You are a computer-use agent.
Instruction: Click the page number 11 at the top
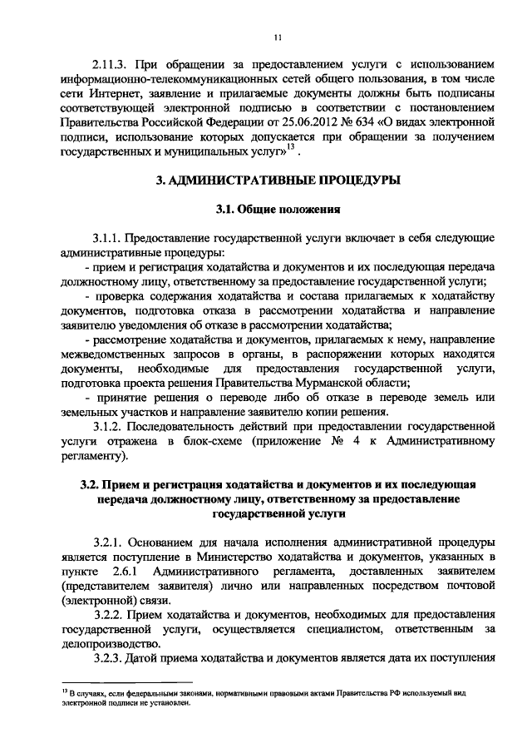coord(278,37)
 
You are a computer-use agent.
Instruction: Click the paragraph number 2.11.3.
coord(111,64)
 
